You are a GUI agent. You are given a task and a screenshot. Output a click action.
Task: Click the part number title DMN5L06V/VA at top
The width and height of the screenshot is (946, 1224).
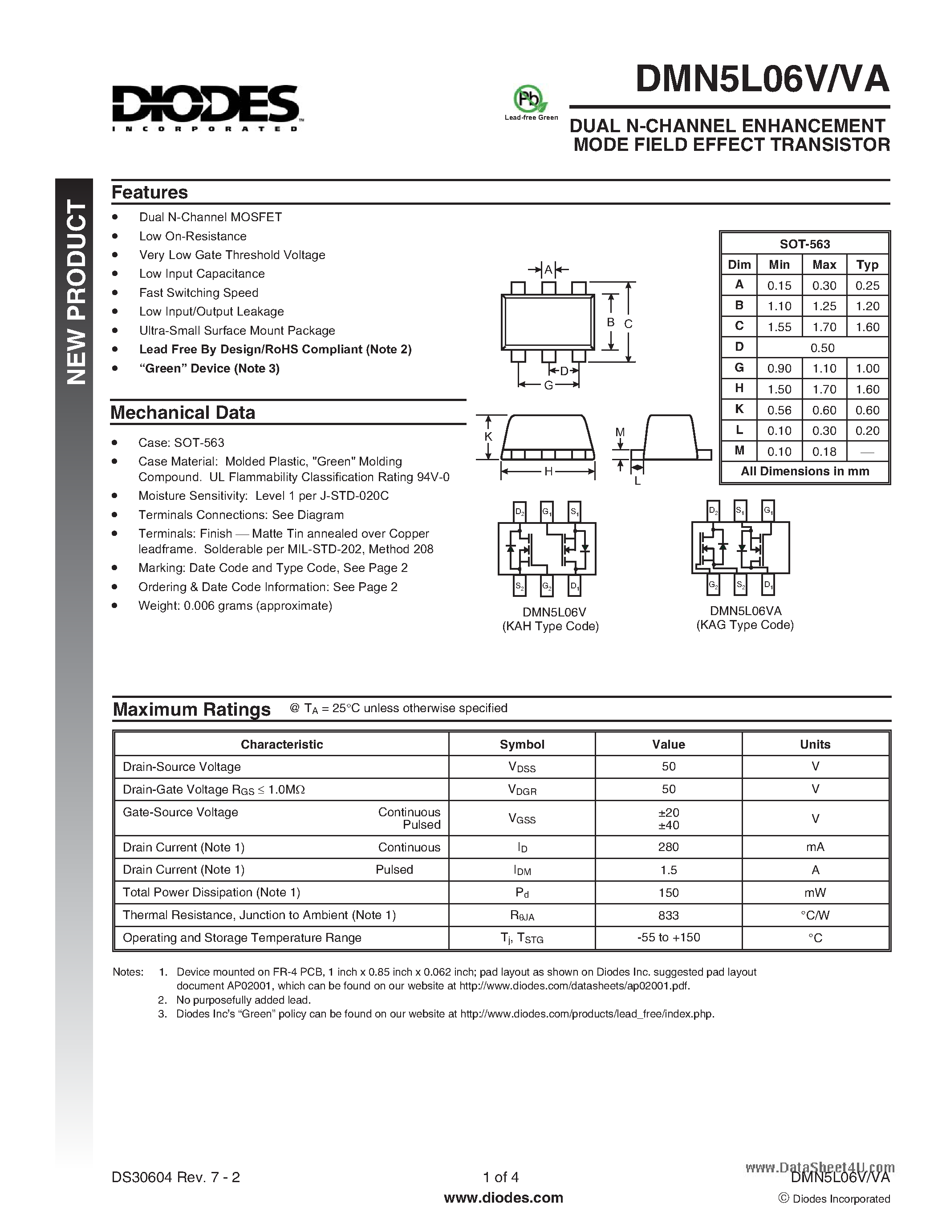pos(762,80)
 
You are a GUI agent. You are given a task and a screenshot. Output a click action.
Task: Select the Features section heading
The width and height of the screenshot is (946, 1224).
pos(150,192)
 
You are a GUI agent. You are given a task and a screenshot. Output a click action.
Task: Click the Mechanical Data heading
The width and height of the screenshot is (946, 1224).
pos(183,413)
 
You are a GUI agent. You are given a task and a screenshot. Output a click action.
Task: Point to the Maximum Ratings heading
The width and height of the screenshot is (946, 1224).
pos(192,709)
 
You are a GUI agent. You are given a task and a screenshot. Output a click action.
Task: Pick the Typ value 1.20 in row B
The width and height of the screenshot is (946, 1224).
pos(867,306)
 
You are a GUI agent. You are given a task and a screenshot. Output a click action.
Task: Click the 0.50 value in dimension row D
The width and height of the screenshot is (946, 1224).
pos(822,348)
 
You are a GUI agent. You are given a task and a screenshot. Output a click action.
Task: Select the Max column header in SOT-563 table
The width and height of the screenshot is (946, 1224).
pos(824,264)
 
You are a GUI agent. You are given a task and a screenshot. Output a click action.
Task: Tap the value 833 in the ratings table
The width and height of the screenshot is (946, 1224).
pos(668,915)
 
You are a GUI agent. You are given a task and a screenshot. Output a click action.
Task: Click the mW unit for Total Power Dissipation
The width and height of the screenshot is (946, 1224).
pos(815,892)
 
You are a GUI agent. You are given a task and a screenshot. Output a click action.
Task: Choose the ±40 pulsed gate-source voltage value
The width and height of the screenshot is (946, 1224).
pos(668,825)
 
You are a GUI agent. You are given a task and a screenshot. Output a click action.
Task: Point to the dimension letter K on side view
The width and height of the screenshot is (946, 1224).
pos(487,437)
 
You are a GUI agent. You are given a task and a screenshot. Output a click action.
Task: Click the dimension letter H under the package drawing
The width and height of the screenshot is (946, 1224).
pos(548,471)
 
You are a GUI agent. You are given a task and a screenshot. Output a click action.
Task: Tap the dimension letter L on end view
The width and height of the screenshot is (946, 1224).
pos(637,481)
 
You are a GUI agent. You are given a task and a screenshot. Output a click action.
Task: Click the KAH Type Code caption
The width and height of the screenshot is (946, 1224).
pos(550,626)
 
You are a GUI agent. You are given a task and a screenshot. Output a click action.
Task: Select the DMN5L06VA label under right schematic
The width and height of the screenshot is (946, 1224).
pos(745,611)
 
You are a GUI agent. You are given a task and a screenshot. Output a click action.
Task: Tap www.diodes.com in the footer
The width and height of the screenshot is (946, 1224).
pos(503,1198)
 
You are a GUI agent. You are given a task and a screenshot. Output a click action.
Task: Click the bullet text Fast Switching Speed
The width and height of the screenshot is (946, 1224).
pos(199,292)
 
